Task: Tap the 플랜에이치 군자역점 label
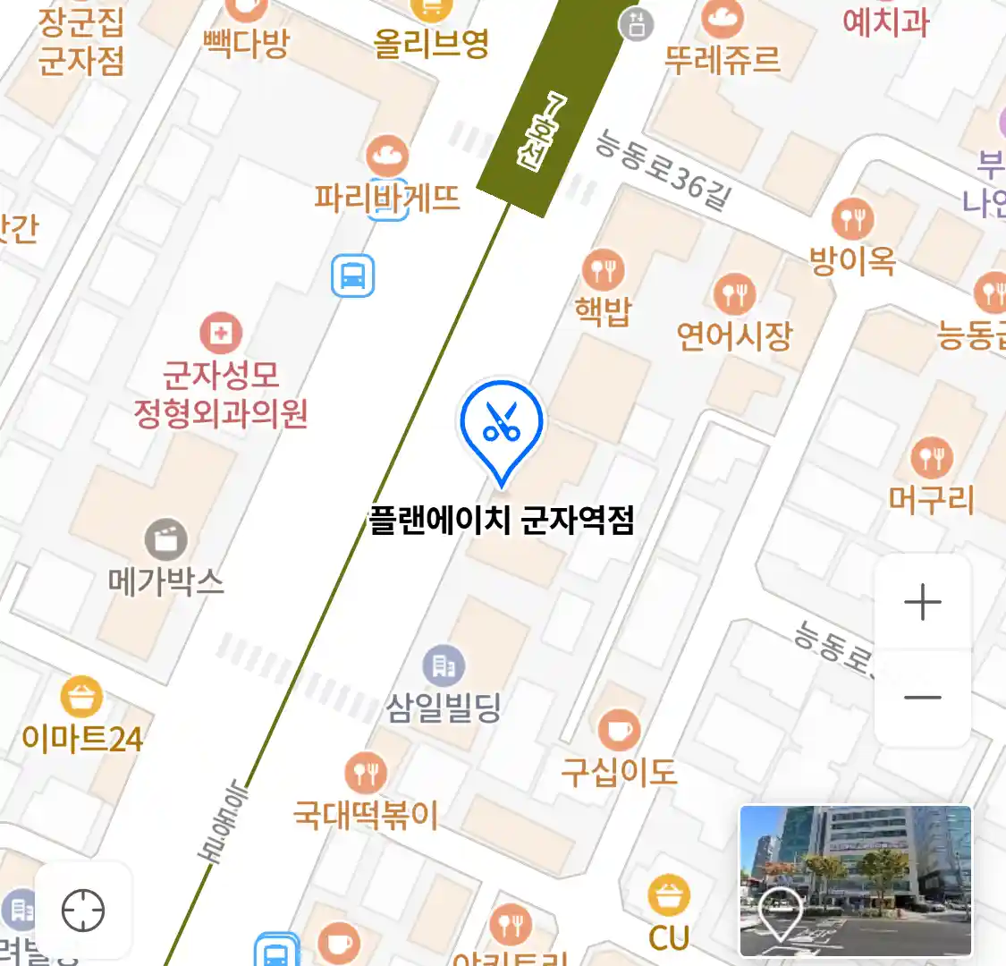(502, 520)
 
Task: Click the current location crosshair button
(83, 911)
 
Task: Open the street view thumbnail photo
(855, 880)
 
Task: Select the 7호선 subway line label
(541, 131)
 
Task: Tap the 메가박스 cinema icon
(166, 539)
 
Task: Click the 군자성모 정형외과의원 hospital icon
(221, 334)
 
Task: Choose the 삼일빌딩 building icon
(444, 666)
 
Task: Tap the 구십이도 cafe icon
(619, 730)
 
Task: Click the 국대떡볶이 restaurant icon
(366, 773)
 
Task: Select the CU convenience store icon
(669, 895)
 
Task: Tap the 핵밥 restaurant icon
(604, 270)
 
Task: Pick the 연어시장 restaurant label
(734, 336)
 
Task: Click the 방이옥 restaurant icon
(852, 218)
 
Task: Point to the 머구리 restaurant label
(931, 499)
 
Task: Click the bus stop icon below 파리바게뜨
(352, 275)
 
